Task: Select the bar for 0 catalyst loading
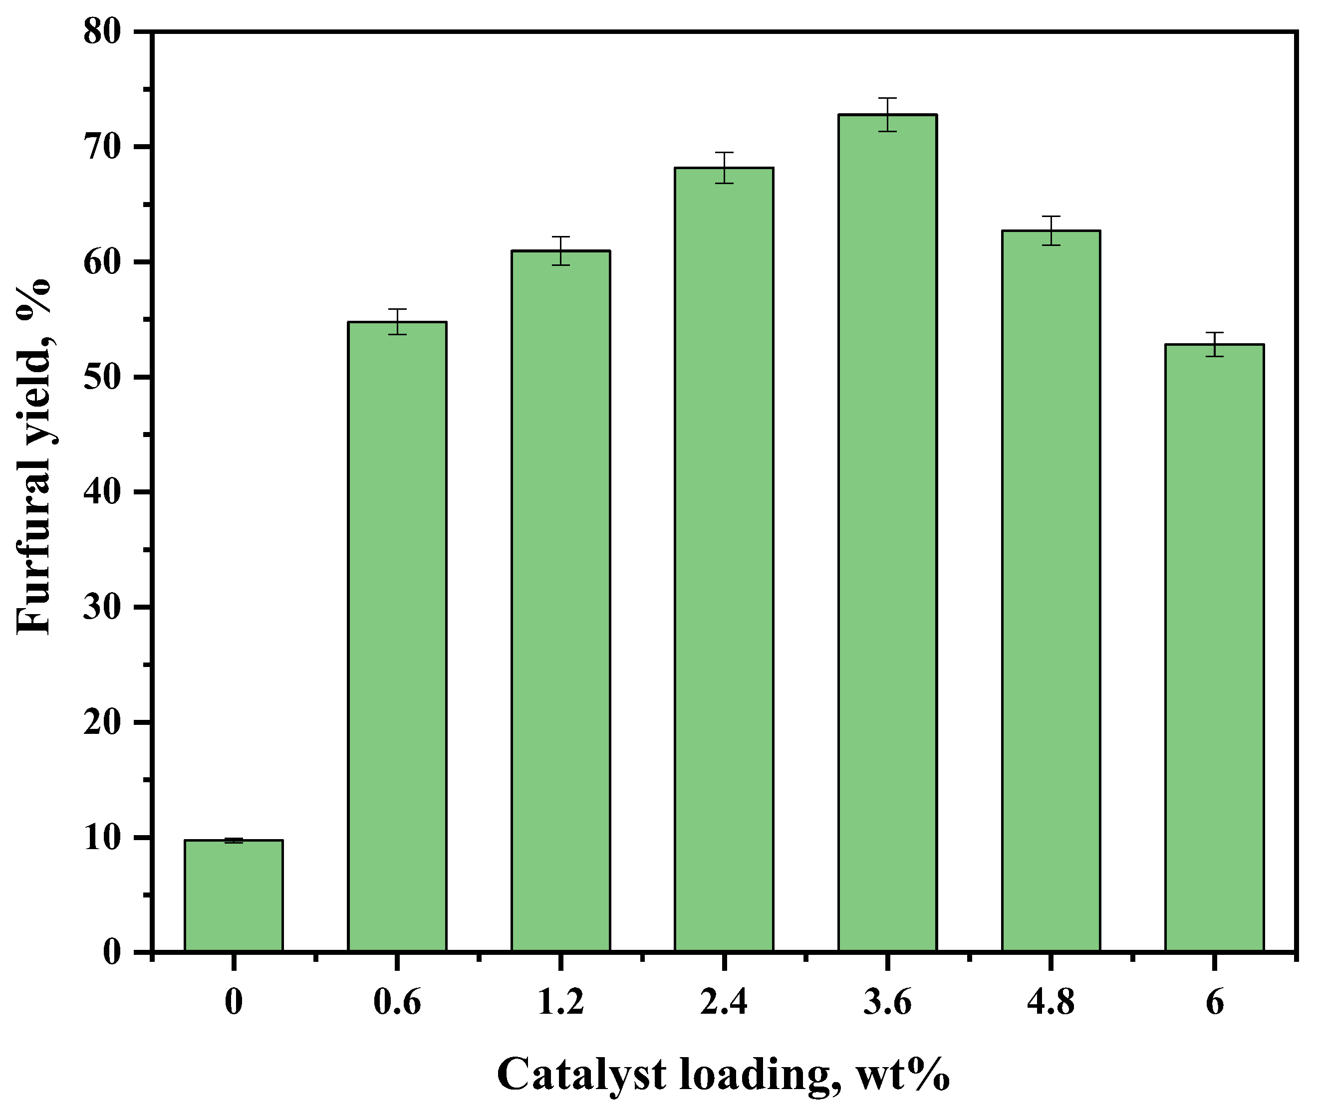(234, 895)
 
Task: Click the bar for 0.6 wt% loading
(397, 637)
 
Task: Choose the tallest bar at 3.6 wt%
(887, 533)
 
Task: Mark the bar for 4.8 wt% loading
(1051, 591)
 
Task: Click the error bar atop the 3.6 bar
(887, 114)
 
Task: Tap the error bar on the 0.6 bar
(397, 321)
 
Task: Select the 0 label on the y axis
(112, 951)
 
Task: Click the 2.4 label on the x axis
(724, 1002)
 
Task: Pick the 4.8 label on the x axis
(1051, 1002)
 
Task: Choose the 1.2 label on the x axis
(560, 1002)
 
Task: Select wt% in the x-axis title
(903, 1075)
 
